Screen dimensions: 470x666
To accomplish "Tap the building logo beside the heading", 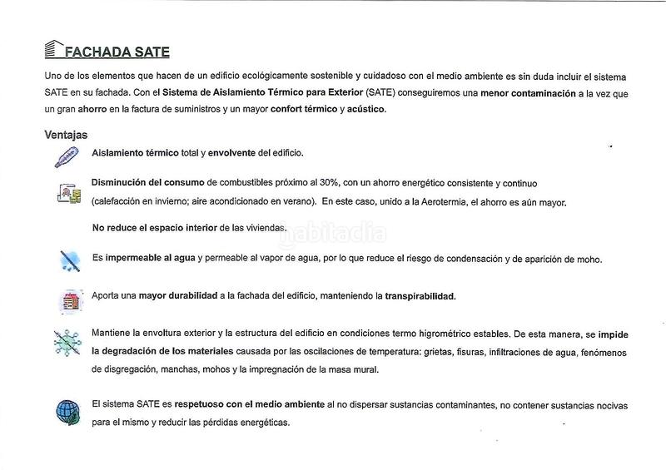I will [52, 49].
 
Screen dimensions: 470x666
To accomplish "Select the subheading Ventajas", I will [66, 135].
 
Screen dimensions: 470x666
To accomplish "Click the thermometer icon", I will [66, 158].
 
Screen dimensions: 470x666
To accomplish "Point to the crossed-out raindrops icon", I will [68, 260].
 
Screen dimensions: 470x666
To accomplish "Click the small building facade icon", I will [68, 299].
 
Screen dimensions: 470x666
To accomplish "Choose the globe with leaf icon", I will [67, 410].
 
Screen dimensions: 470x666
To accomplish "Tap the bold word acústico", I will [367, 109].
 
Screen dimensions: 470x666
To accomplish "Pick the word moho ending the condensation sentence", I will [587, 259].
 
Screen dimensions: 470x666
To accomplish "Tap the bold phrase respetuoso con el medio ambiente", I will [250, 404].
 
